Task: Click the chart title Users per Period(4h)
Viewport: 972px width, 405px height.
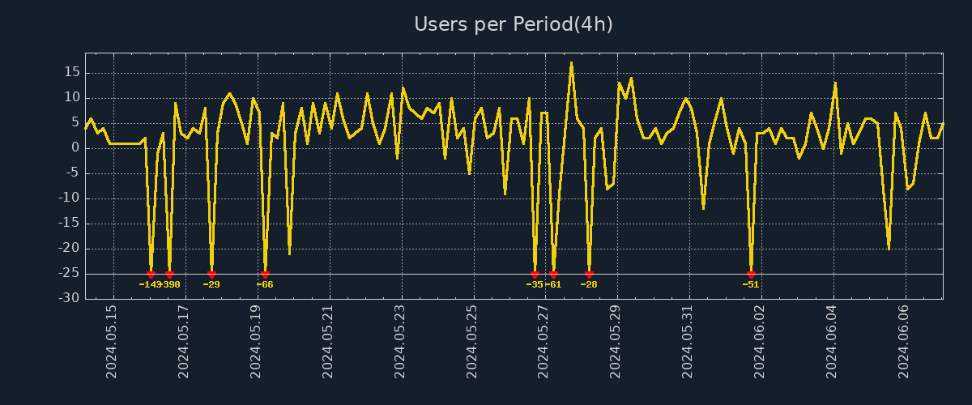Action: (x=514, y=24)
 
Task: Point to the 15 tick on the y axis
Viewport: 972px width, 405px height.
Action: (x=71, y=72)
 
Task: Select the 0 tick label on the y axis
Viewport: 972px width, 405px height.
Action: (x=75, y=147)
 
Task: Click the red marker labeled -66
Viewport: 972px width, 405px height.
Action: (x=265, y=275)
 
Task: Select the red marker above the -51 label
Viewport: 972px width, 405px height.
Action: (x=751, y=275)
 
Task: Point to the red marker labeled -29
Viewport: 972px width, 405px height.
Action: (x=211, y=275)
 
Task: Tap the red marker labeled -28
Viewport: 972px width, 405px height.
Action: (x=589, y=275)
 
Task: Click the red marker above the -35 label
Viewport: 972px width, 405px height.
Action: (x=535, y=275)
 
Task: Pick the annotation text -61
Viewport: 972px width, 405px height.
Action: (x=554, y=284)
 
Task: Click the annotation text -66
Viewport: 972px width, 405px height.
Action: (x=265, y=284)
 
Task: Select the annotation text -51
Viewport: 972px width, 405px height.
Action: (x=751, y=284)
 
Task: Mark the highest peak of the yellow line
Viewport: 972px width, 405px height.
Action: (x=571, y=62)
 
